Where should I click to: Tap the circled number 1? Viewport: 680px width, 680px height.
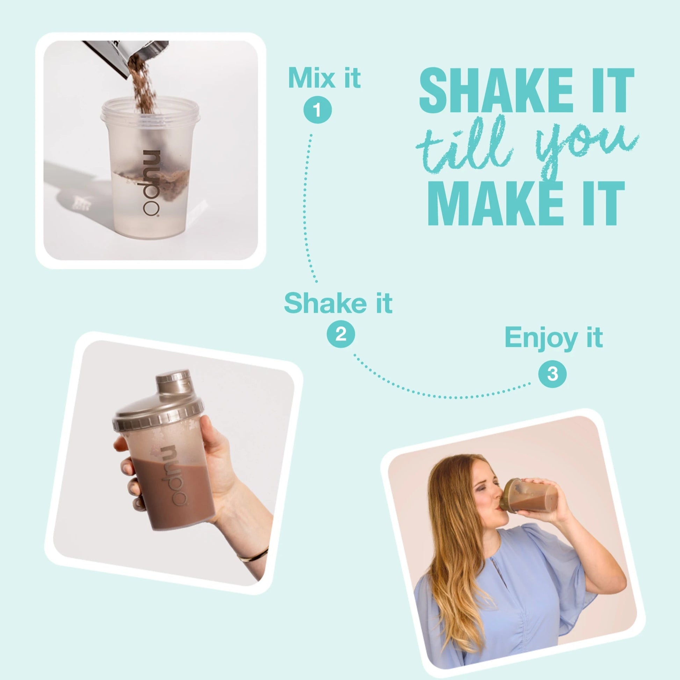[x=318, y=110]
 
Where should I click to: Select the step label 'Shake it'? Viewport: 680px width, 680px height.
[x=338, y=303]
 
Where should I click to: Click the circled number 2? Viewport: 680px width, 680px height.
[x=341, y=334]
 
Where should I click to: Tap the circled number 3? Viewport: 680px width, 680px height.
[x=552, y=374]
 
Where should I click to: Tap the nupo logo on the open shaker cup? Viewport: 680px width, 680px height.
[x=151, y=182]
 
